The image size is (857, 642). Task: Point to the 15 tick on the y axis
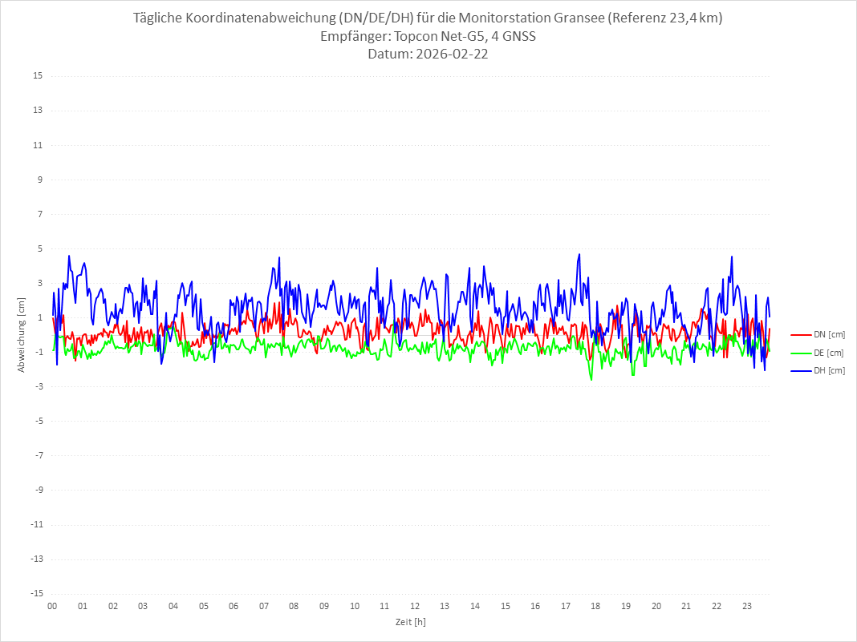point(38,76)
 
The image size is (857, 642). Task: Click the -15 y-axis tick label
point(36,593)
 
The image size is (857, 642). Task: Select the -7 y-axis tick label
point(38,455)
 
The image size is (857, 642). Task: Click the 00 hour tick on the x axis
point(52,606)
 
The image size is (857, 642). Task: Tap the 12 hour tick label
point(415,606)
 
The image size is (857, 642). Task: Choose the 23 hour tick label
point(747,606)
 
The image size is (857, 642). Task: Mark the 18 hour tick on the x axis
point(596,606)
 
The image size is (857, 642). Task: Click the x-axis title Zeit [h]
point(410,621)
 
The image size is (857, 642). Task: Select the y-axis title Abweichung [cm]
point(22,335)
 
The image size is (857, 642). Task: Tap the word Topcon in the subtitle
point(416,36)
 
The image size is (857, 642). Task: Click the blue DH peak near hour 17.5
point(579,255)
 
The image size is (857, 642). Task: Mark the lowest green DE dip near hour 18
point(591,379)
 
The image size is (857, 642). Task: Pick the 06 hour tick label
point(234,606)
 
